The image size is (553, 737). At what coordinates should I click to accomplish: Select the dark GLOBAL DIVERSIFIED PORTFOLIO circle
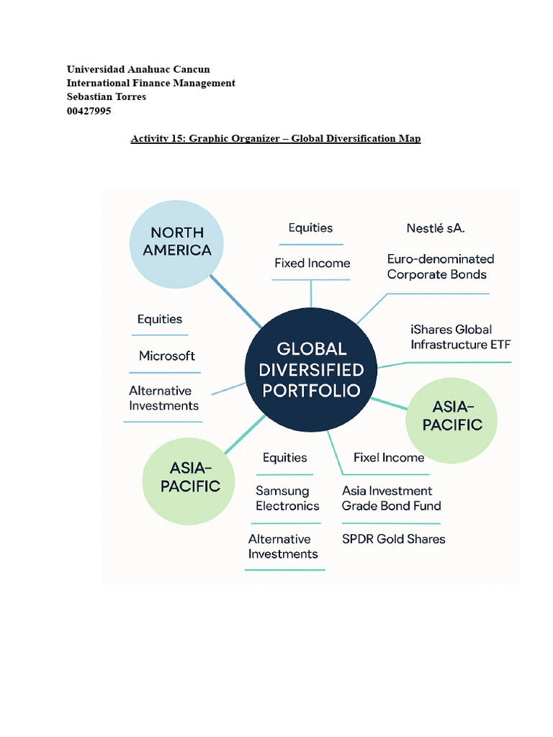311,369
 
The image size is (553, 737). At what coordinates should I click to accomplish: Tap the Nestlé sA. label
436,228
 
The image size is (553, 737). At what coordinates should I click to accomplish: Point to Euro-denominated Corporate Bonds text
440,266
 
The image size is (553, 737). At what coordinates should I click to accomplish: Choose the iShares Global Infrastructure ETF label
460,337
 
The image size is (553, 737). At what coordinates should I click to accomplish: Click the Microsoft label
167,356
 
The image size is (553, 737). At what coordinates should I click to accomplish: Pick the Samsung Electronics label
287,498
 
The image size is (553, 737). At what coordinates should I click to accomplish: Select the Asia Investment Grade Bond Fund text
391,498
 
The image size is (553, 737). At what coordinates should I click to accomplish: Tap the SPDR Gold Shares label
393,538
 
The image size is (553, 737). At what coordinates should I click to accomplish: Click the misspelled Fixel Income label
389,457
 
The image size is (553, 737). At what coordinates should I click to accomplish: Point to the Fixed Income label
312,263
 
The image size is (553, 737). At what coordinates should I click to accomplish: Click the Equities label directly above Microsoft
160,319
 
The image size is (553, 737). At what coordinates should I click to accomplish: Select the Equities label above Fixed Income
310,228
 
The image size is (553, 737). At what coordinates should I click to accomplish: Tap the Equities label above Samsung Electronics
284,458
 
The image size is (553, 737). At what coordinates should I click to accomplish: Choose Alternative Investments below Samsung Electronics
283,546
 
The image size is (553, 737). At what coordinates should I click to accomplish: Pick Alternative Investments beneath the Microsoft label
163,398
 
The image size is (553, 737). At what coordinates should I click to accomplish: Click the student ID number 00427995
89,111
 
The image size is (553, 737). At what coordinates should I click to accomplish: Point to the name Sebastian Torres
107,96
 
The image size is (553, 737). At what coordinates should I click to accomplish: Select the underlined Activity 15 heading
275,138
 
